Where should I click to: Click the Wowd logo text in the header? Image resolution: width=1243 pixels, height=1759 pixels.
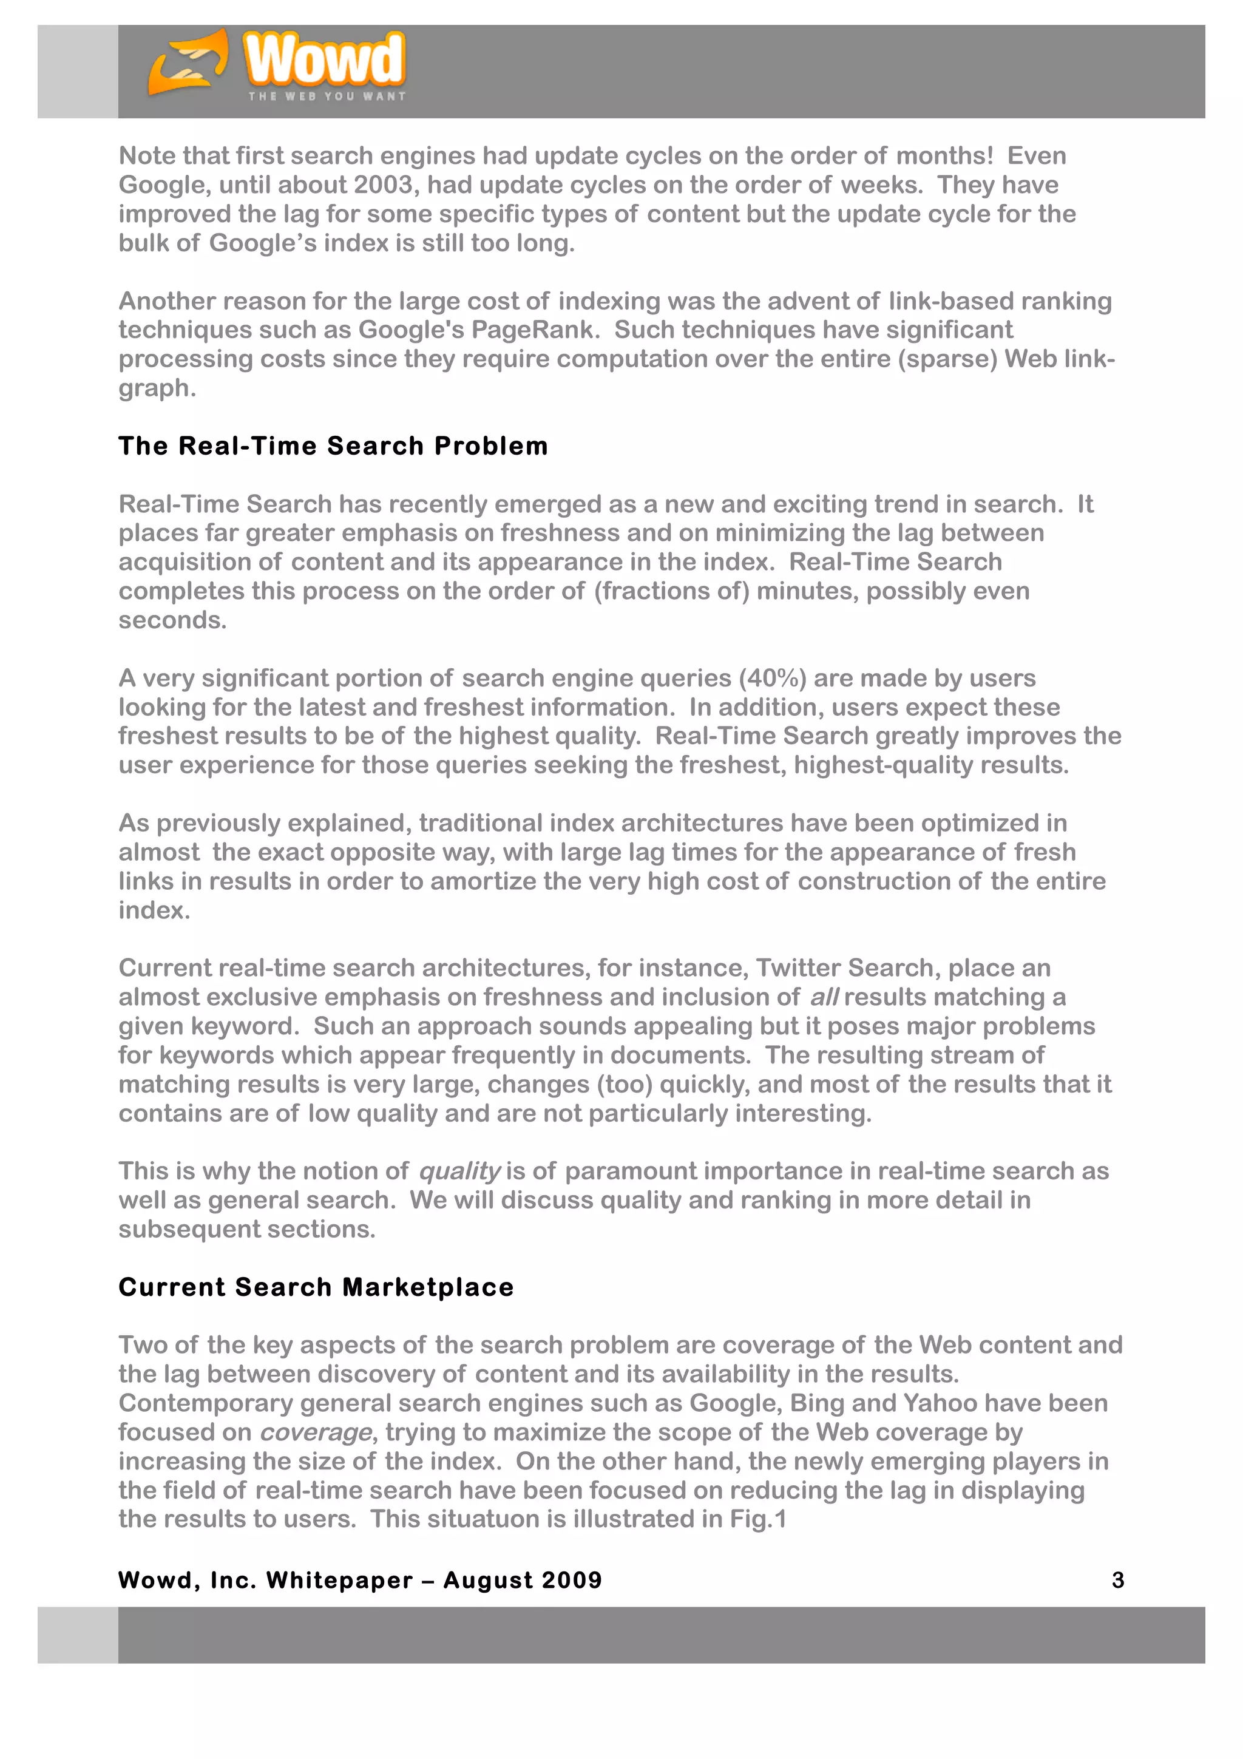tap(323, 59)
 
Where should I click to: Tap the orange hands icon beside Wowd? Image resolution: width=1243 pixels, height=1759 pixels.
tap(188, 63)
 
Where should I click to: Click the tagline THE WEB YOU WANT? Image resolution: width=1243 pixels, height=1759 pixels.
tap(327, 97)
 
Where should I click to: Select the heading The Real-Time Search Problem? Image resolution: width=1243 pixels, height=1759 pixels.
tap(333, 446)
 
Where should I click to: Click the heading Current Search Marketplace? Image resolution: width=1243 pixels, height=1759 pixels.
tap(316, 1287)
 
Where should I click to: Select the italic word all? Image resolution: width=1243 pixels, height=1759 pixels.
tap(824, 997)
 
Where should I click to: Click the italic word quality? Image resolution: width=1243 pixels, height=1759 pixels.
tap(459, 1171)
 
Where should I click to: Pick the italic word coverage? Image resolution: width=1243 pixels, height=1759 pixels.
tap(316, 1432)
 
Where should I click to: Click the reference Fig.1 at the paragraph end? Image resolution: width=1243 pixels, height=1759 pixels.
tap(757, 1519)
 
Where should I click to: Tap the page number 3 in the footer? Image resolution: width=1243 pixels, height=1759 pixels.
tap(1117, 1581)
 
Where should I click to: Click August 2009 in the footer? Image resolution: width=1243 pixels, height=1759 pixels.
tap(523, 1581)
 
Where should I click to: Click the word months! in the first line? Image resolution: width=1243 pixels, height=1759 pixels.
tap(944, 156)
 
